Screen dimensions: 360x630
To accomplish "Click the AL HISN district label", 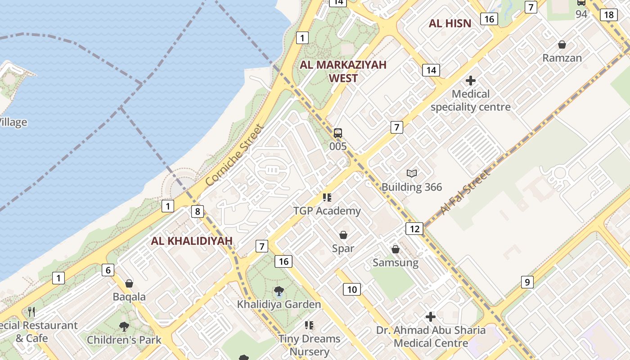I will [x=450, y=23].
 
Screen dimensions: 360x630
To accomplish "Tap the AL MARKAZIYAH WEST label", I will [x=343, y=71].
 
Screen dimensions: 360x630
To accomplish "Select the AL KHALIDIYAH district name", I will [x=192, y=241].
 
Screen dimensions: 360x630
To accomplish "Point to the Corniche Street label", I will [x=234, y=155].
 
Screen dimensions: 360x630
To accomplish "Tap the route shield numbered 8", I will [x=197, y=211].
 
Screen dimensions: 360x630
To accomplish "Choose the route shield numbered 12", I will [x=414, y=229].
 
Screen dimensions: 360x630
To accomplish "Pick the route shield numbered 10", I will [x=352, y=289].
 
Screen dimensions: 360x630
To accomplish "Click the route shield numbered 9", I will [x=527, y=282].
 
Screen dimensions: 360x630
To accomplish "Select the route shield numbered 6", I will [x=108, y=270].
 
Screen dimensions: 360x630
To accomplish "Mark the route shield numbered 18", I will [x=609, y=15].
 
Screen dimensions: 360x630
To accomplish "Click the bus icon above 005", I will [x=338, y=133].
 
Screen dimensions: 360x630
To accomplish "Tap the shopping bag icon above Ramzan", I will [x=562, y=45].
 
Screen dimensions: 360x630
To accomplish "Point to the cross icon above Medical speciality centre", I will [x=471, y=81].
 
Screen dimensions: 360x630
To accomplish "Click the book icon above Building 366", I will [x=412, y=173].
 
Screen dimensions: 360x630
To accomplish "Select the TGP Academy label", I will [x=327, y=211].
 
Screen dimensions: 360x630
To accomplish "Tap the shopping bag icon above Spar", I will [x=343, y=235].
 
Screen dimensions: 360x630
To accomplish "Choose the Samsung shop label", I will [x=396, y=262].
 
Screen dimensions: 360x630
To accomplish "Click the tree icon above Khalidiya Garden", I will [x=279, y=291].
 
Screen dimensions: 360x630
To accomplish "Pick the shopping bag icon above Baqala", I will [x=129, y=283].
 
